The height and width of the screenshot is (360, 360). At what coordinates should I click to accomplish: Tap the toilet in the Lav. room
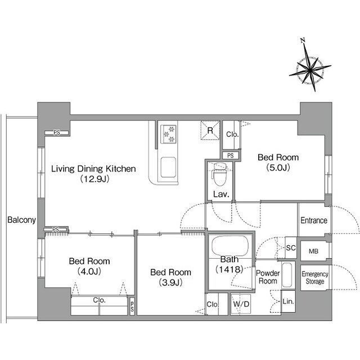pos(220,174)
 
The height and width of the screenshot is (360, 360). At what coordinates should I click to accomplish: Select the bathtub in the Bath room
pos(230,245)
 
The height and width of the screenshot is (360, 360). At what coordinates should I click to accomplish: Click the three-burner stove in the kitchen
pos(168,134)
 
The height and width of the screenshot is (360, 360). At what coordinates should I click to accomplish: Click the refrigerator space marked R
pos(210,130)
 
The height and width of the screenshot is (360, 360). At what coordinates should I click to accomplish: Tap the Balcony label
pos(21,220)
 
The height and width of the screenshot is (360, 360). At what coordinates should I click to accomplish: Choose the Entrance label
pos(314,220)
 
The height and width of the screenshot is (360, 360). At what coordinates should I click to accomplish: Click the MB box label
pos(313,251)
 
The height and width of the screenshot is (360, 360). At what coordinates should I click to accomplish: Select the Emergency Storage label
pos(315,277)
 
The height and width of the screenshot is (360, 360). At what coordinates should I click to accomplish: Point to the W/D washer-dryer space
pos(241,304)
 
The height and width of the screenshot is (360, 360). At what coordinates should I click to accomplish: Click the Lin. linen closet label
pos(288,301)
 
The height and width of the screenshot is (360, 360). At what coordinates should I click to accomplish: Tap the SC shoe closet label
pos(291,247)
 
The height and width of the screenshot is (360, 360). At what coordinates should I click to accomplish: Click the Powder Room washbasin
pos(287,275)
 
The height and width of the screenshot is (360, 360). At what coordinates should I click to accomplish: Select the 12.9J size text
pos(94,179)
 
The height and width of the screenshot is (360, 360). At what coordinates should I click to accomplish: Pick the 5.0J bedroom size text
pos(278,168)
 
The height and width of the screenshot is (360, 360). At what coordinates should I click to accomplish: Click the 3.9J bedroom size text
pos(170,282)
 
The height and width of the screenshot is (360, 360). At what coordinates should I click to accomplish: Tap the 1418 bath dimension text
pos(229,269)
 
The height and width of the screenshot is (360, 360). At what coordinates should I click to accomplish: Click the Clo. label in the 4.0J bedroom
pos(99,300)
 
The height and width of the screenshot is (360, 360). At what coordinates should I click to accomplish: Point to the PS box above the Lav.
pos(231,155)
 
